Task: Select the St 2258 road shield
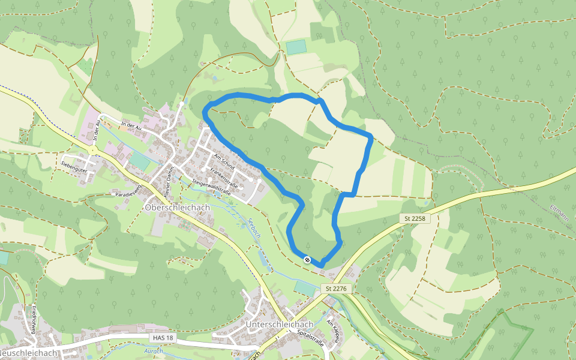pos(414,218)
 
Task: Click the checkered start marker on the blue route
pos(307,259)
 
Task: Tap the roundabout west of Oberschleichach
pos(94,149)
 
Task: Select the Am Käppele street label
pos(333,331)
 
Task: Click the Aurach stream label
pos(154,351)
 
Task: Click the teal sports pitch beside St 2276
pos(305,288)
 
